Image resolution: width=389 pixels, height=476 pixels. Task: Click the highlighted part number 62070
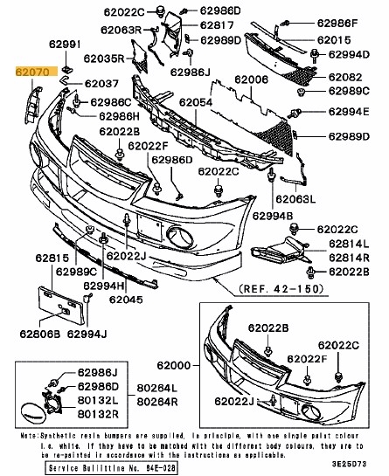(x=32, y=76)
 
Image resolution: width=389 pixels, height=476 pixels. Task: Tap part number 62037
(x=101, y=84)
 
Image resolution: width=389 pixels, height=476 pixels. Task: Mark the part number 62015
(x=334, y=40)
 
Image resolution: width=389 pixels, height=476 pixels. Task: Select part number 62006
(x=252, y=79)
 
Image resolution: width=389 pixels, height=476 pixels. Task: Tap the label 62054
(x=197, y=102)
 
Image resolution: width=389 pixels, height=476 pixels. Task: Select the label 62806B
(x=42, y=333)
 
